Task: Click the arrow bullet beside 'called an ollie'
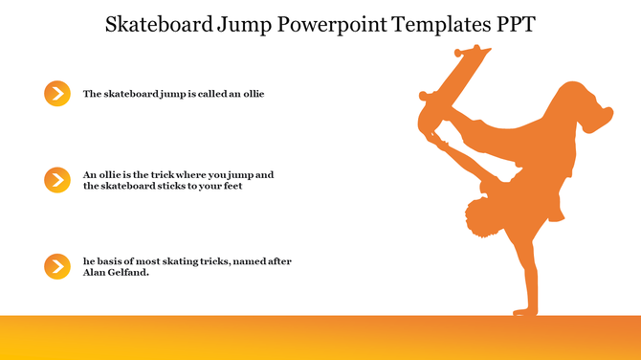(x=57, y=93)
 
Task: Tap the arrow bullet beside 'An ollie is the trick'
(x=57, y=179)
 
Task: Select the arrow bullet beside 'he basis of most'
(x=57, y=266)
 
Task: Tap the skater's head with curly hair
(x=480, y=218)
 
